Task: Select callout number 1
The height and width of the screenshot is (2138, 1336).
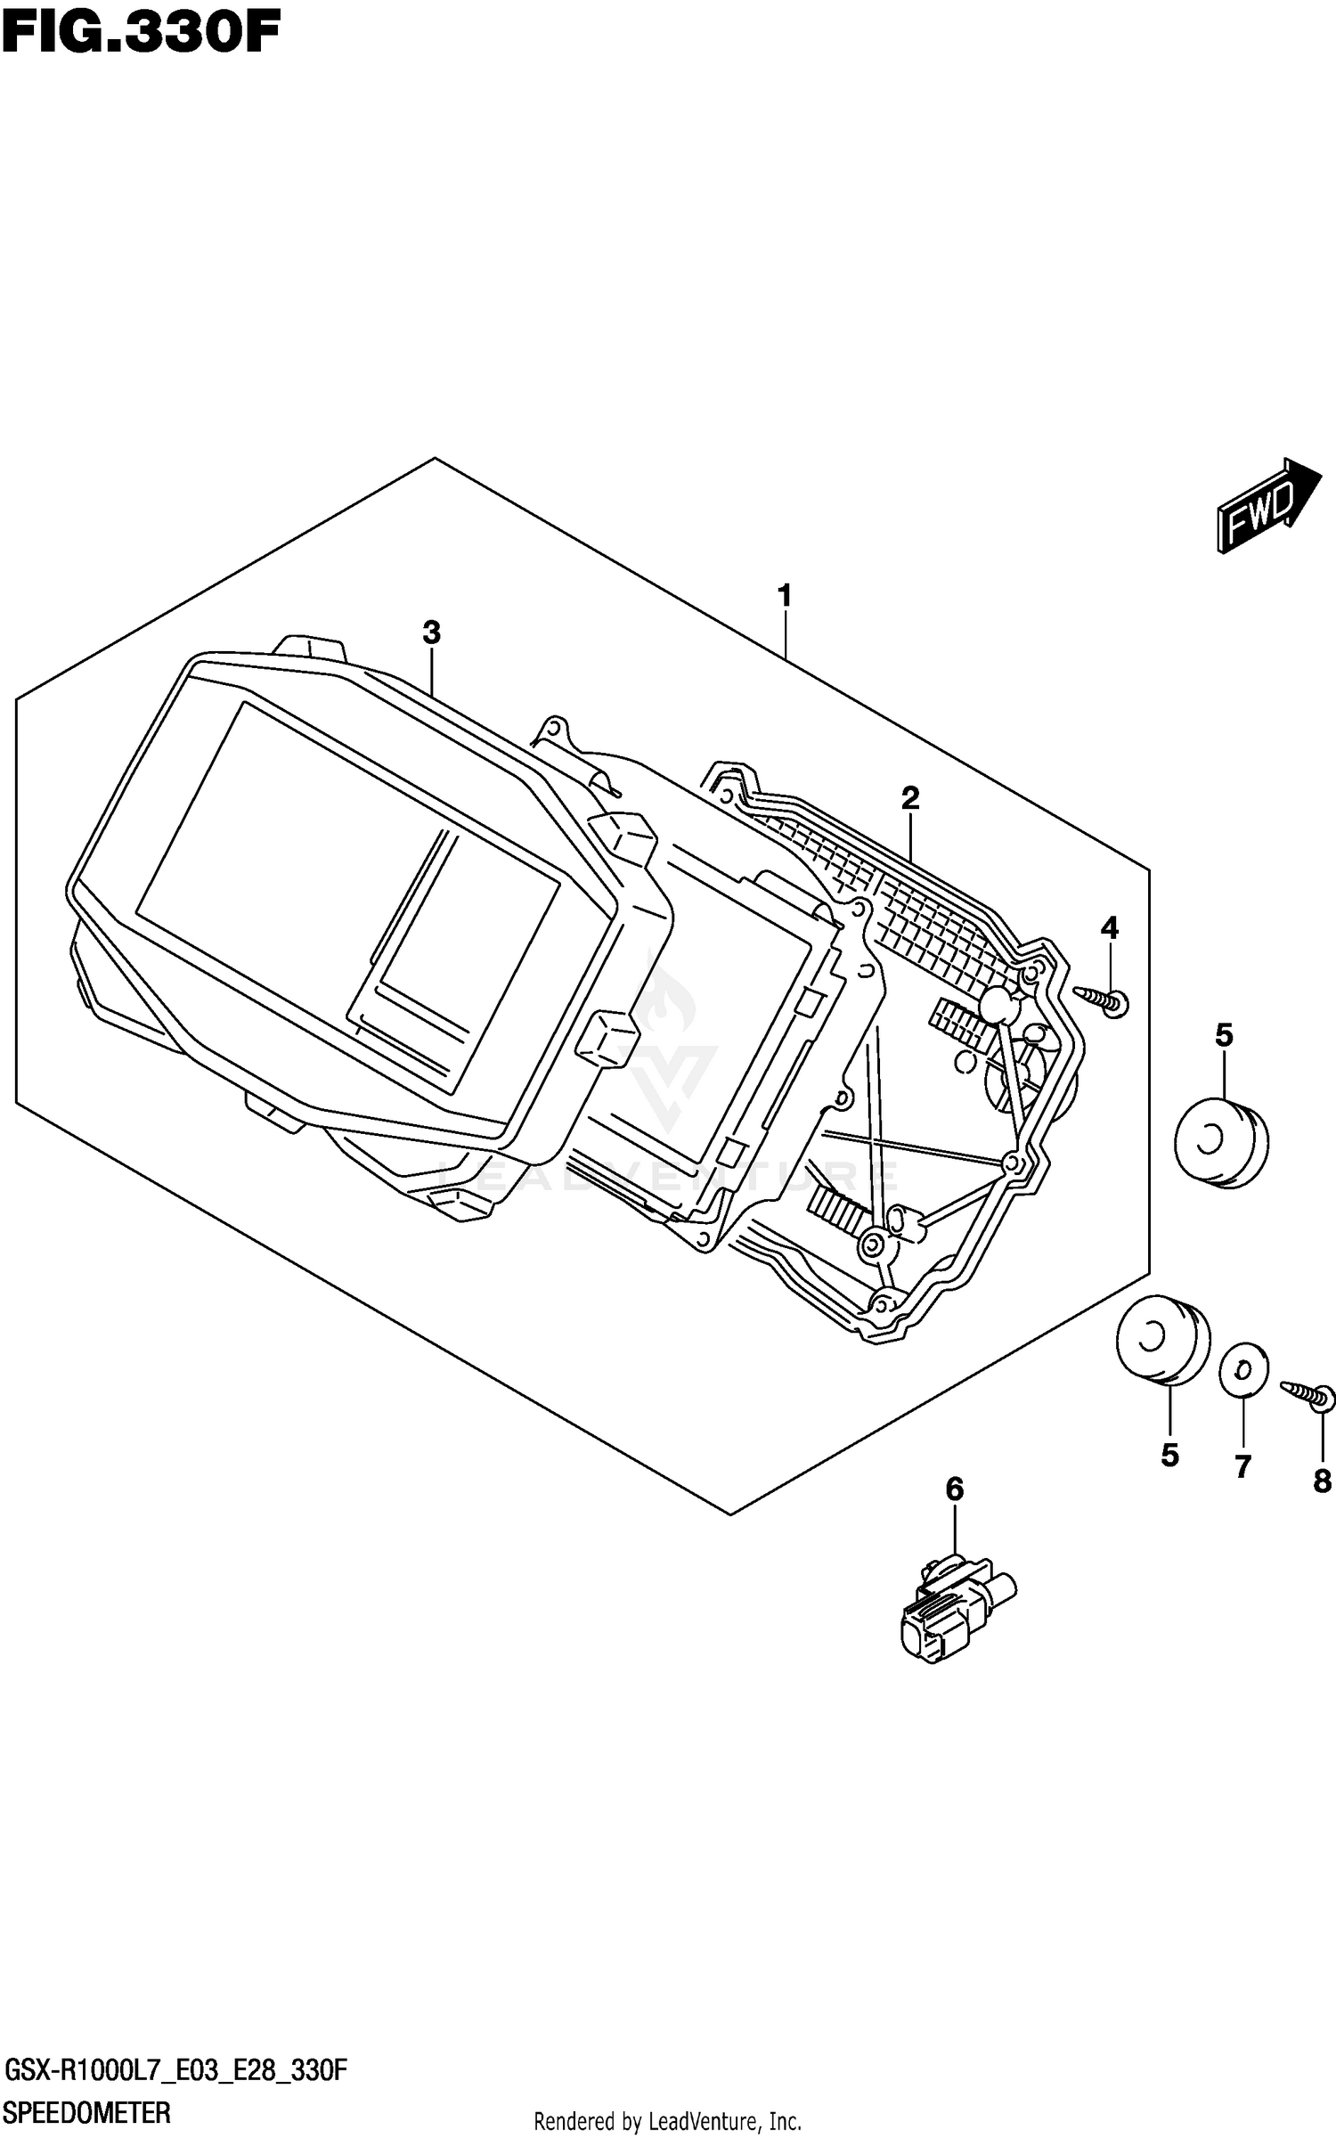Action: click(x=784, y=595)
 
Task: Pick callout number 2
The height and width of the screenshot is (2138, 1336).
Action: click(x=909, y=797)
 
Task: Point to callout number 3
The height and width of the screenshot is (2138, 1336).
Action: click(x=431, y=633)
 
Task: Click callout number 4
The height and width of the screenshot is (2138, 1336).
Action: click(x=1109, y=928)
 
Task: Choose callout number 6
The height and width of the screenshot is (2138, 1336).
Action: click(x=954, y=1488)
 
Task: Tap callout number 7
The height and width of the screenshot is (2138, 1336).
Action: click(x=1242, y=1465)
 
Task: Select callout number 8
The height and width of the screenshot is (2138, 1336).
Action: click(x=1322, y=1481)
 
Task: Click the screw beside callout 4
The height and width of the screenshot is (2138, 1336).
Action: click(x=1104, y=1000)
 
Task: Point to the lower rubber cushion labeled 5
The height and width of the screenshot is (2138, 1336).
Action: click(x=1162, y=1341)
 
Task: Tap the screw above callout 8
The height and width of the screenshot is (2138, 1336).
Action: click(x=1309, y=1394)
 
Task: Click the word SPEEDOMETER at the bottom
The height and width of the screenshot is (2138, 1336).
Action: click(x=87, y=2111)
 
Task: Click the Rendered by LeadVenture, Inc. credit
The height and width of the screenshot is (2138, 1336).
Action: click(x=668, y=2120)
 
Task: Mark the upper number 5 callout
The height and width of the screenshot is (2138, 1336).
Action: click(x=1224, y=1035)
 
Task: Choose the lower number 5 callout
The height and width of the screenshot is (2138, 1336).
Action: click(x=1169, y=1455)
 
